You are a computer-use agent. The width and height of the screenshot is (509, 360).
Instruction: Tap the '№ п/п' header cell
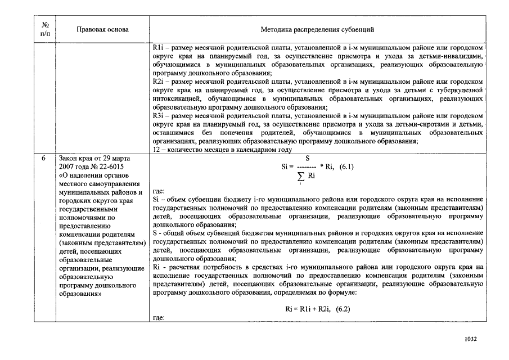pos(44,29)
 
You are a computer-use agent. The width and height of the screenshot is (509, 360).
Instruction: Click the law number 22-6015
pos(110,167)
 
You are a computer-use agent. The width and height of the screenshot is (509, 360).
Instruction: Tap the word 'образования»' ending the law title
pos(80,294)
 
